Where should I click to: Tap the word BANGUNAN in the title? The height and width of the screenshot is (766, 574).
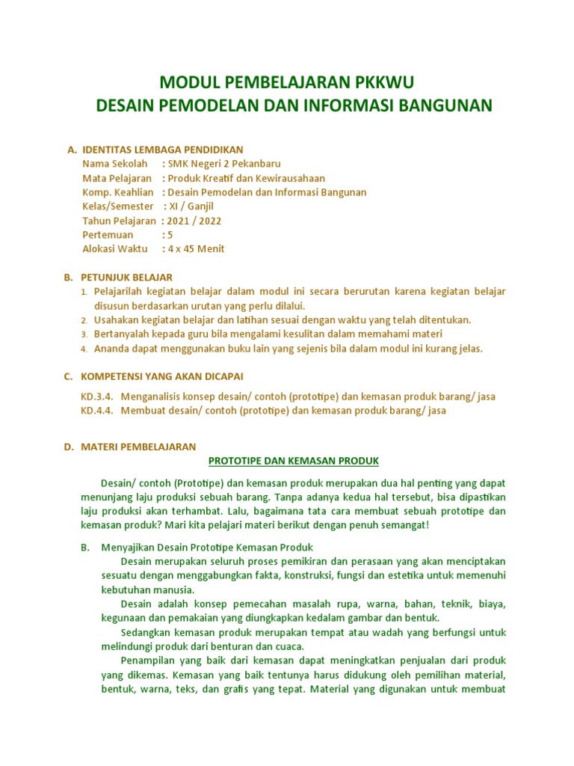click(x=447, y=105)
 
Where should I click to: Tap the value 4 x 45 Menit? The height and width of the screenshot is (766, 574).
click(x=196, y=248)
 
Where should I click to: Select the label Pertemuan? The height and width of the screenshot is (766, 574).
click(x=108, y=234)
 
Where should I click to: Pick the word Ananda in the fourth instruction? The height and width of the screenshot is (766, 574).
click(x=113, y=348)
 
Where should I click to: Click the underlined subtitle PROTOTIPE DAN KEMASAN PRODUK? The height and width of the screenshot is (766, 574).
click(x=294, y=460)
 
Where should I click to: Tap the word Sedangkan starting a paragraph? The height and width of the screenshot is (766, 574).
click(x=146, y=632)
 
